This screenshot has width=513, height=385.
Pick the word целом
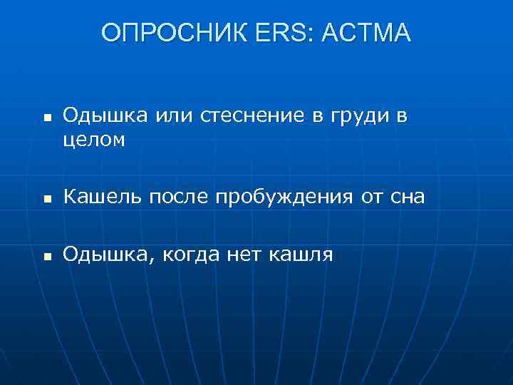94,140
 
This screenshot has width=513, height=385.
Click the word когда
192,254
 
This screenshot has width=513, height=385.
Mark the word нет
246,254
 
